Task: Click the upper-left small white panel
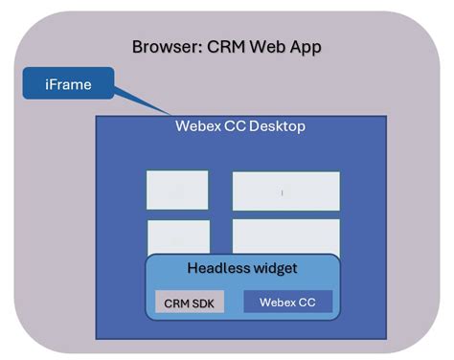177,190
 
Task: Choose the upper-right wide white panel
285,191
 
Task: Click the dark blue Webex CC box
288,303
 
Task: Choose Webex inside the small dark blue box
278,303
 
